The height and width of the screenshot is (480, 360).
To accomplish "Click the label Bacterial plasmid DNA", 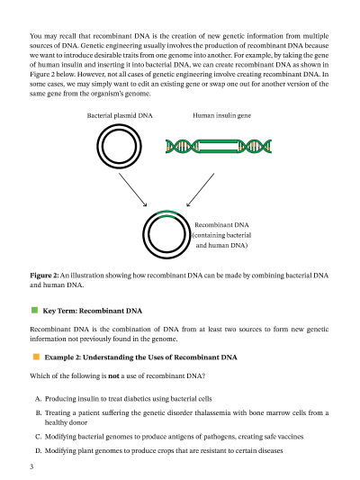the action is [x=120, y=115].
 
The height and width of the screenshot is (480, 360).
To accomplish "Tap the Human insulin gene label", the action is [x=221, y=115].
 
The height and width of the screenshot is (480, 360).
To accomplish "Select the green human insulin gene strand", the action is [x=219, y=146].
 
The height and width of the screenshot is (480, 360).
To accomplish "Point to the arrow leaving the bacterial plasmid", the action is [x=132, y=190].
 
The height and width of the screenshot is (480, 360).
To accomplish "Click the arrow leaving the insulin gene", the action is [x=200, y=190].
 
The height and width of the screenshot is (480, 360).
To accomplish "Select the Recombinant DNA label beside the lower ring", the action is [x=221, y=235].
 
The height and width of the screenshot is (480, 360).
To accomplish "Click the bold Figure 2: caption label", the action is [x=44, y=276].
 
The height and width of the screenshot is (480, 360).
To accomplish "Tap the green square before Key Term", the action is [x=34, y=311].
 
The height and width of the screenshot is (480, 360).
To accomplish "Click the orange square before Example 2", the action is [x=36, y=357].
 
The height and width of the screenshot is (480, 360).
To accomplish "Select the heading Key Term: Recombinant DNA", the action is [x=93, y=311].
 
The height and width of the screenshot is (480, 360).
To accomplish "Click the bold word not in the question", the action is [x=113, y=376].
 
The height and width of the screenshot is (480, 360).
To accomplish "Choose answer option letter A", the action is [x=38, y=399].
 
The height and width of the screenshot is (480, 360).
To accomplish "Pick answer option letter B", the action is [x=38, y=413].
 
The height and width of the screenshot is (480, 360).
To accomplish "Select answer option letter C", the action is [x=38, y=437].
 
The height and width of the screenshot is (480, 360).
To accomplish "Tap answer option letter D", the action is [x=38, y=450].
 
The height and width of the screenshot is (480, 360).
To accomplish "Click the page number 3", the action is [x=31, y=466].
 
